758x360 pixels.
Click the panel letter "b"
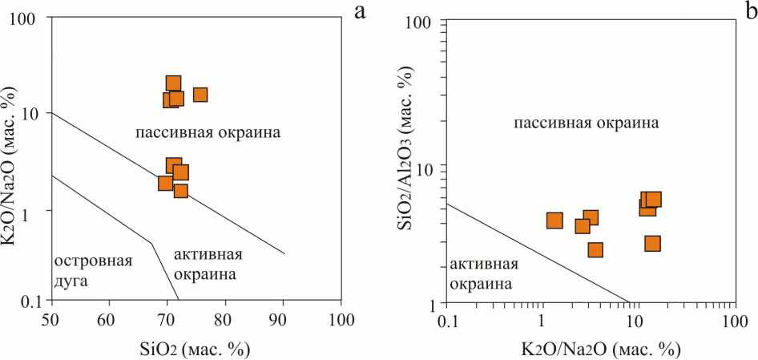point(750,10)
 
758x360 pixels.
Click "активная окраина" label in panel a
point(207,265)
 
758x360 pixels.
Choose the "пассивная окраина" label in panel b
point(586,123)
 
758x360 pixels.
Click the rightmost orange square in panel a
point(200,95)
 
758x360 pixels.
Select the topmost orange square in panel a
point(173,83)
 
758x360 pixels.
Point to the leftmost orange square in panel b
point(554,220)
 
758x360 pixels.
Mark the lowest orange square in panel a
point(180,191)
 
